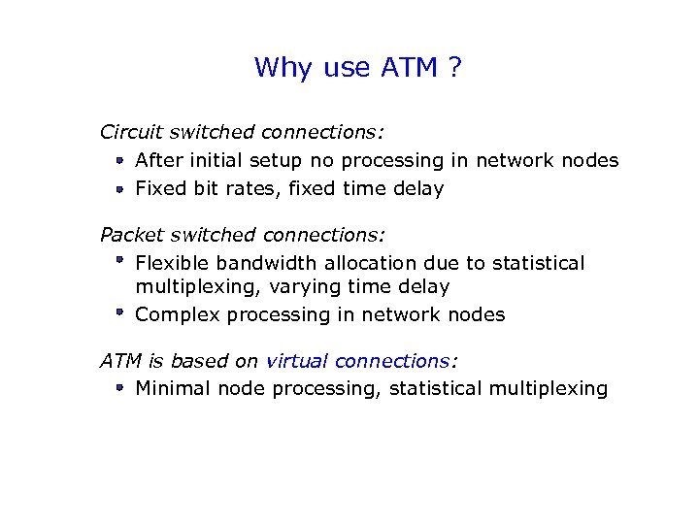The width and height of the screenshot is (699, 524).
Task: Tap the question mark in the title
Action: (453, 68)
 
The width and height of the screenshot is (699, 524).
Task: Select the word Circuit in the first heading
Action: (133, 132)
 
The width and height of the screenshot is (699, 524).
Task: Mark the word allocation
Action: (373, 264)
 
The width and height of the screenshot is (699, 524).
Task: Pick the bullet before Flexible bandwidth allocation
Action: (116, 261)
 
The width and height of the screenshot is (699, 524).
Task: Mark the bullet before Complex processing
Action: (116, 312)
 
